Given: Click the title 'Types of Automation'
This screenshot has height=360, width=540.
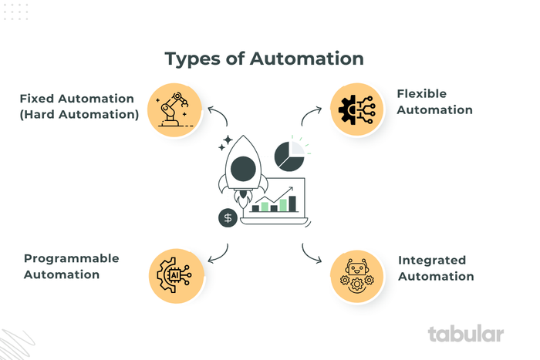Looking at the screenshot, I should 264,59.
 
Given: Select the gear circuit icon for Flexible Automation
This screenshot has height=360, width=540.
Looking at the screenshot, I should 356,109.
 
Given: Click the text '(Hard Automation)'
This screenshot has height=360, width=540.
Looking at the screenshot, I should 79,115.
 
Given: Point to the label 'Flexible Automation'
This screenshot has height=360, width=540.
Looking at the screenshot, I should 434,102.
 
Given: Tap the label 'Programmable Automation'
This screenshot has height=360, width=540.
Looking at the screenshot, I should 71,266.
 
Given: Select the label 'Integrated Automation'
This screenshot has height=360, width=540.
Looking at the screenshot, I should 436,267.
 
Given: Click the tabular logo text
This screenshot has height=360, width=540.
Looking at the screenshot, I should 466,334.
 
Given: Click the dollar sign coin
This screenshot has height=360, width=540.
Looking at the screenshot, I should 228,217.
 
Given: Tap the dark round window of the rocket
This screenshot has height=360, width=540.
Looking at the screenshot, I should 245,167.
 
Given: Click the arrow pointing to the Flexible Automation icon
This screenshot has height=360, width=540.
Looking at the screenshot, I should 310,116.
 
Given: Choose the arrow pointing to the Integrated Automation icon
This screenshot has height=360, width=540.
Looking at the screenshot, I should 310,253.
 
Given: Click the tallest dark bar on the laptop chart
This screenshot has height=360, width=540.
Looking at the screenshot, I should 292,203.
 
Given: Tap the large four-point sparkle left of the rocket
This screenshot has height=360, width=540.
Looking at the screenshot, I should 225,144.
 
